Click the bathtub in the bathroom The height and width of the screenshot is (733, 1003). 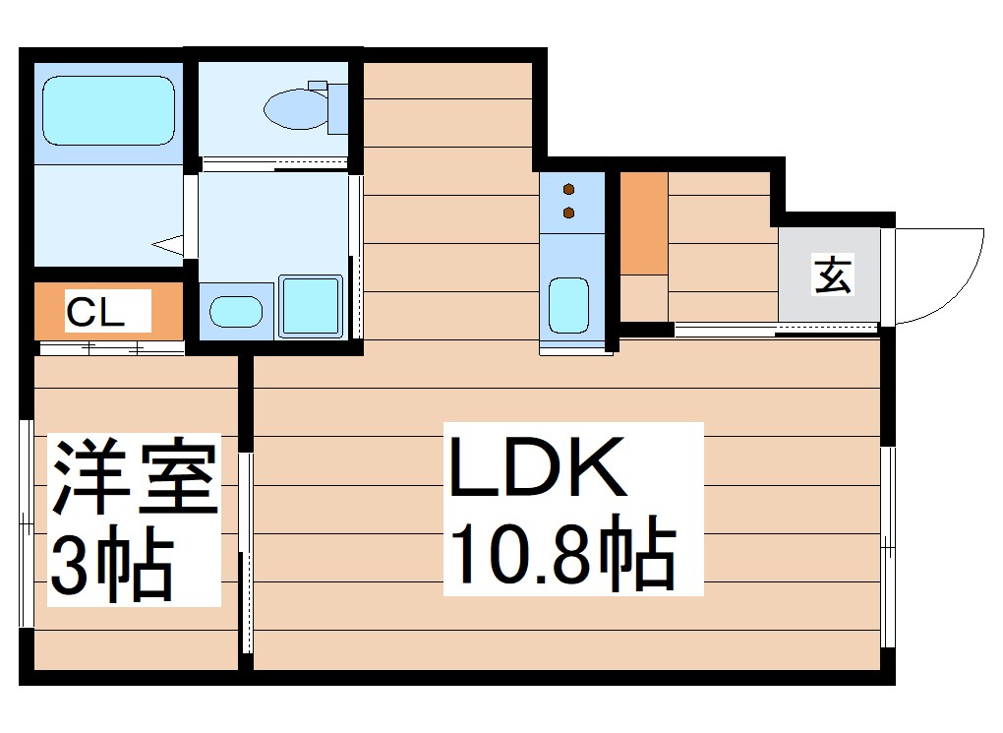(x=108, y=110)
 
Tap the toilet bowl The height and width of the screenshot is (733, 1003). (x=296, y=108)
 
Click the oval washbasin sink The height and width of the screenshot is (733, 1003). (x=236, y=312)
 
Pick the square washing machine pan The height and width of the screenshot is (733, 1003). (x=311, y=306)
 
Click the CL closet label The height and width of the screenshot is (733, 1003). (x=94, y=312)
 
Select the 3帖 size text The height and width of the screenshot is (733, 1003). (x=111, y=568)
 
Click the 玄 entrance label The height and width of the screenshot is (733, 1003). (x=831, y=275)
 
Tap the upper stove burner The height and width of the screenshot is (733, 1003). (x=568, y=189)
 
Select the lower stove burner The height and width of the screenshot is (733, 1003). (x=568, y=212)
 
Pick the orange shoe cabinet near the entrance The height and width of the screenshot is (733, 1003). (x=644, y=223)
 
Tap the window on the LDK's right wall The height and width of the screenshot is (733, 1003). (x=889, y=546)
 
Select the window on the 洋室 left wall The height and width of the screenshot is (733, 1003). (x=27, y=521)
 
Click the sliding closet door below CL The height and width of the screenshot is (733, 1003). (x=110, y=347)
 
